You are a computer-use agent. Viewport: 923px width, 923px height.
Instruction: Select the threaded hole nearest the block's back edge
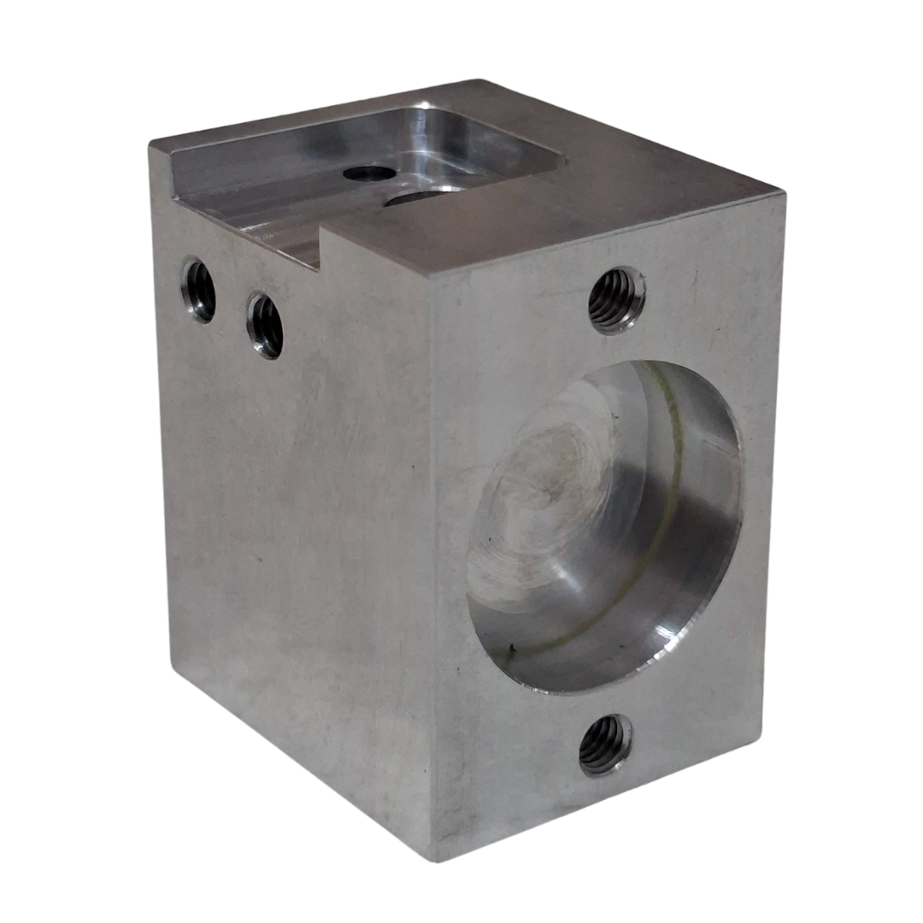click(x=197, y=291)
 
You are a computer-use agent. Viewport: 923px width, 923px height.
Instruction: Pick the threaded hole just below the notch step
click(x=265, y=326)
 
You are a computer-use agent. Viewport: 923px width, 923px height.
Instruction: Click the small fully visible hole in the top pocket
click(x=369, y=173)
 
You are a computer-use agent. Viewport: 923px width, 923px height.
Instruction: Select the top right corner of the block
click(x=782, y=195)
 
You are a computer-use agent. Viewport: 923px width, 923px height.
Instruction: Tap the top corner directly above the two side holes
click(x=151, y=147)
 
